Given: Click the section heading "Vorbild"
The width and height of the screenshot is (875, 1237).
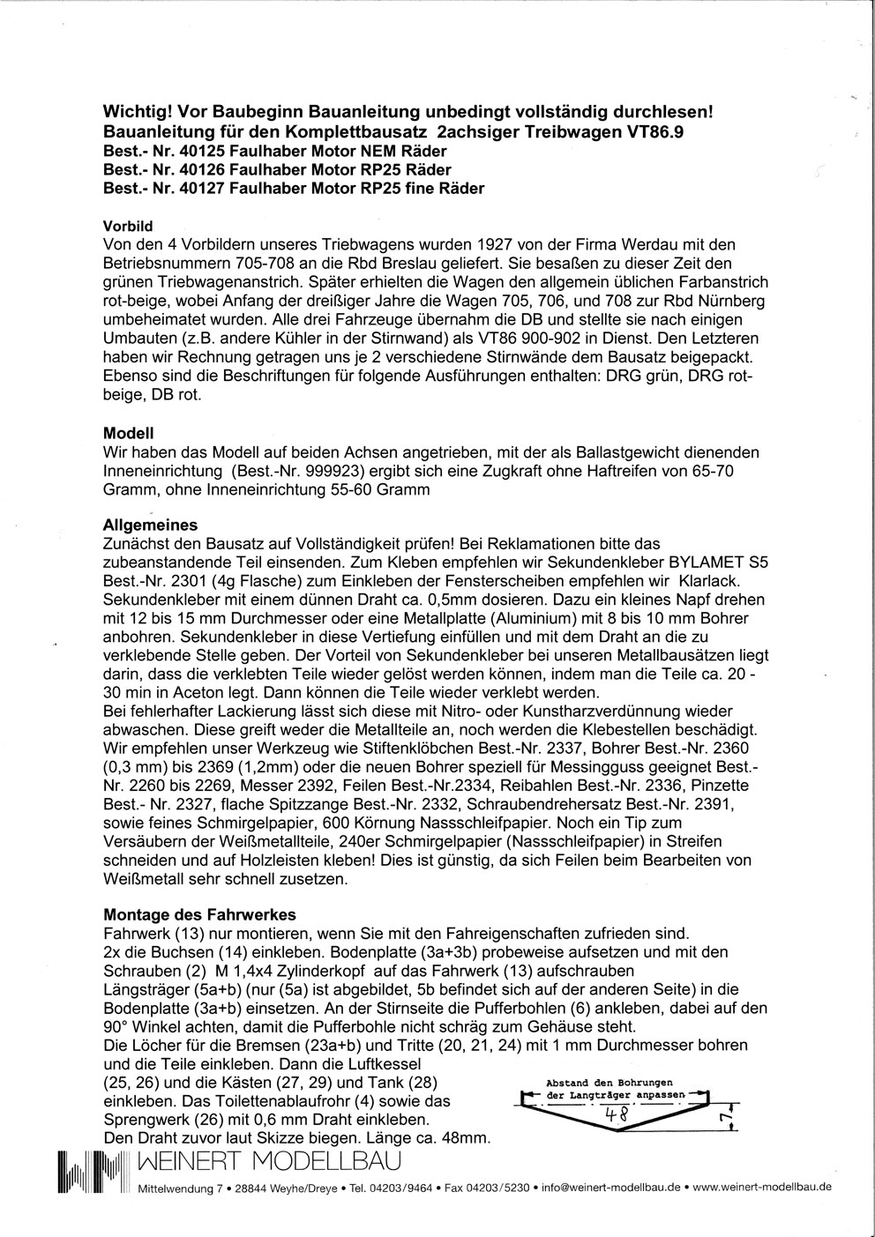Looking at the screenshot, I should pyautogui.click(x=129, y=226).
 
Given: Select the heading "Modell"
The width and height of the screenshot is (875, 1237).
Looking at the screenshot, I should pyautogui.click(x=129, y=434).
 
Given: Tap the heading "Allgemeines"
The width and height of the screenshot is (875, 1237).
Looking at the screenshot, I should pyautogui.click(x=151, y=525).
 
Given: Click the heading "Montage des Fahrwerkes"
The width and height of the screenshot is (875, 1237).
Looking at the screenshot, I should pyautogui.click(x=199, y=914).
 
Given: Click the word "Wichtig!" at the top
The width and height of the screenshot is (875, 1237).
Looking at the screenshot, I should pyautogui.click(x=137, y=113).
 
